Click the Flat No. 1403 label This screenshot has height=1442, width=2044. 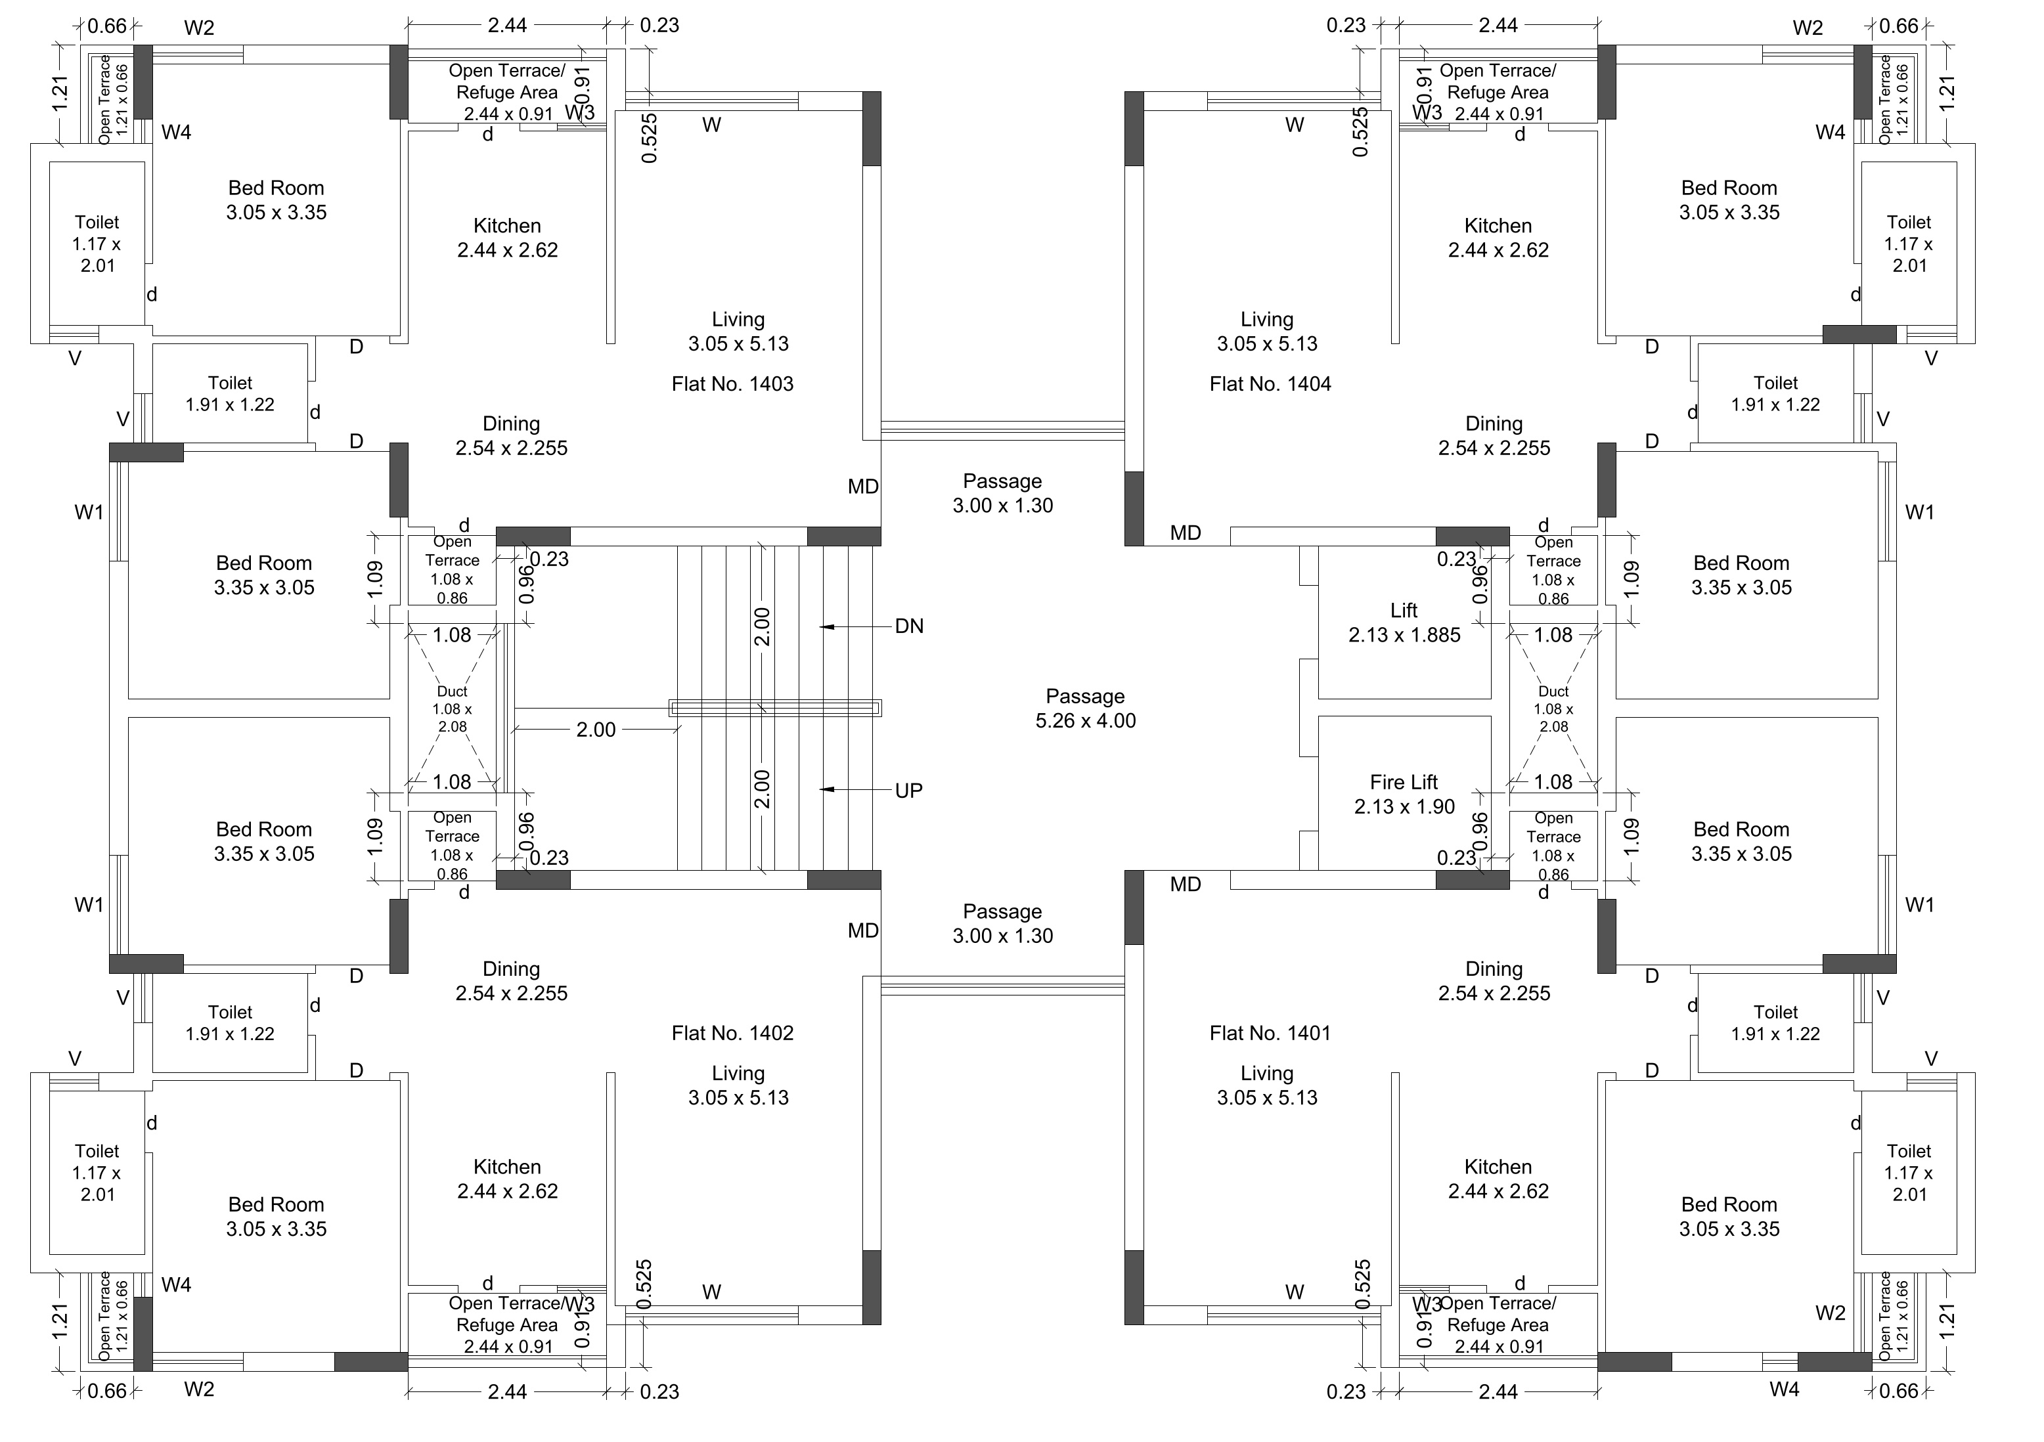click(x=732, y=383)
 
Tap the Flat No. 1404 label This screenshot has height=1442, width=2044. click(x=1270, y=383)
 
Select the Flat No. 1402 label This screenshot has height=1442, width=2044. click(x=732, y=1032)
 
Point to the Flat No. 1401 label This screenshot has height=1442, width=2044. click(x=1270, y=1032)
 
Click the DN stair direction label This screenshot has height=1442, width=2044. click(x=909, y=626)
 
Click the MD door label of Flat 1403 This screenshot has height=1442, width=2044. click(x=862, y=487)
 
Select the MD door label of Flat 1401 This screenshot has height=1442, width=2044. click(x=1185, y=884)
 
